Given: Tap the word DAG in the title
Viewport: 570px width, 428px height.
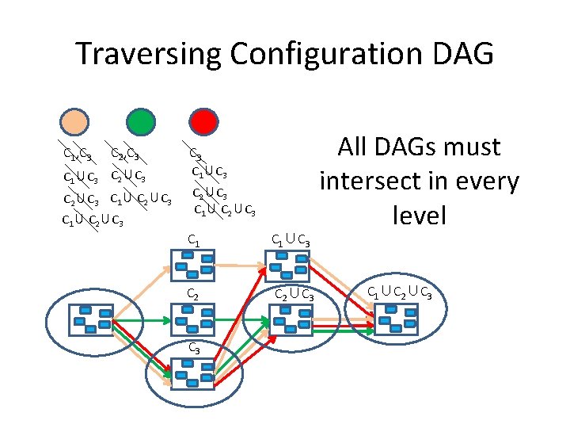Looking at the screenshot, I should [464, 54].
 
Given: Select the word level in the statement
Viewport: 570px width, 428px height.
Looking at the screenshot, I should [420, 216].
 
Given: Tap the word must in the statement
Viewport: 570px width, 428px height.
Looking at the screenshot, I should [475, 147].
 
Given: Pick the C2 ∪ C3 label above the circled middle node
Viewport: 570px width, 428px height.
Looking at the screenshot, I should [294, 296].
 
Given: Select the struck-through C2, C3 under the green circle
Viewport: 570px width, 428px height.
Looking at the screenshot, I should [125, 154].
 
